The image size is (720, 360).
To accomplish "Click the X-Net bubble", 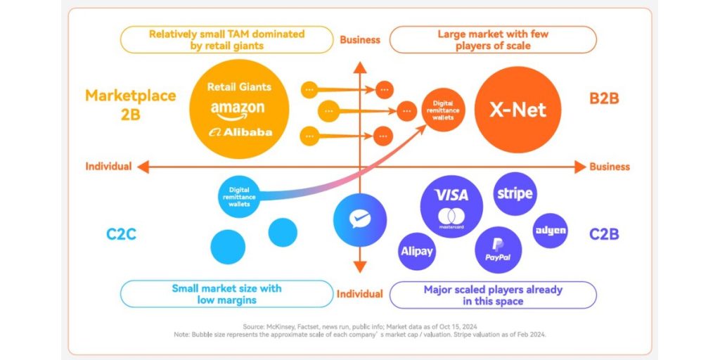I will [x=518, y=110].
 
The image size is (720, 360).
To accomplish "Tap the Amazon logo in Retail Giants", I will [x=238, y=110].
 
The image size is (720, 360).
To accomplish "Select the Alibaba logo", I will [x=240, y=132].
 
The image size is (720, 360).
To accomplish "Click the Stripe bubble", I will [x=515, y=193].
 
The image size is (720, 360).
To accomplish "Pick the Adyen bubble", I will [x=550, y=231].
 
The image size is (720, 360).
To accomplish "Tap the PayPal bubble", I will [x=498, y=250].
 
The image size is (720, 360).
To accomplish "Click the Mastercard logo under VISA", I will [x=451, y=219].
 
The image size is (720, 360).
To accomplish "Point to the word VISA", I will [x=451, y=195].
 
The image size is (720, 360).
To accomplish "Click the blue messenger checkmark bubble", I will [x=360, y=219].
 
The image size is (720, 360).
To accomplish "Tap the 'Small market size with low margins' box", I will [x=226, y=294].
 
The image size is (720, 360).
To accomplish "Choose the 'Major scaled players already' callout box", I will [x=493, y=295].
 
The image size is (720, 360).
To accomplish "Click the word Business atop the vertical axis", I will [x=360, y=39].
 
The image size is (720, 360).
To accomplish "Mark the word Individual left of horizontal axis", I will [x=108, y=167].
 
